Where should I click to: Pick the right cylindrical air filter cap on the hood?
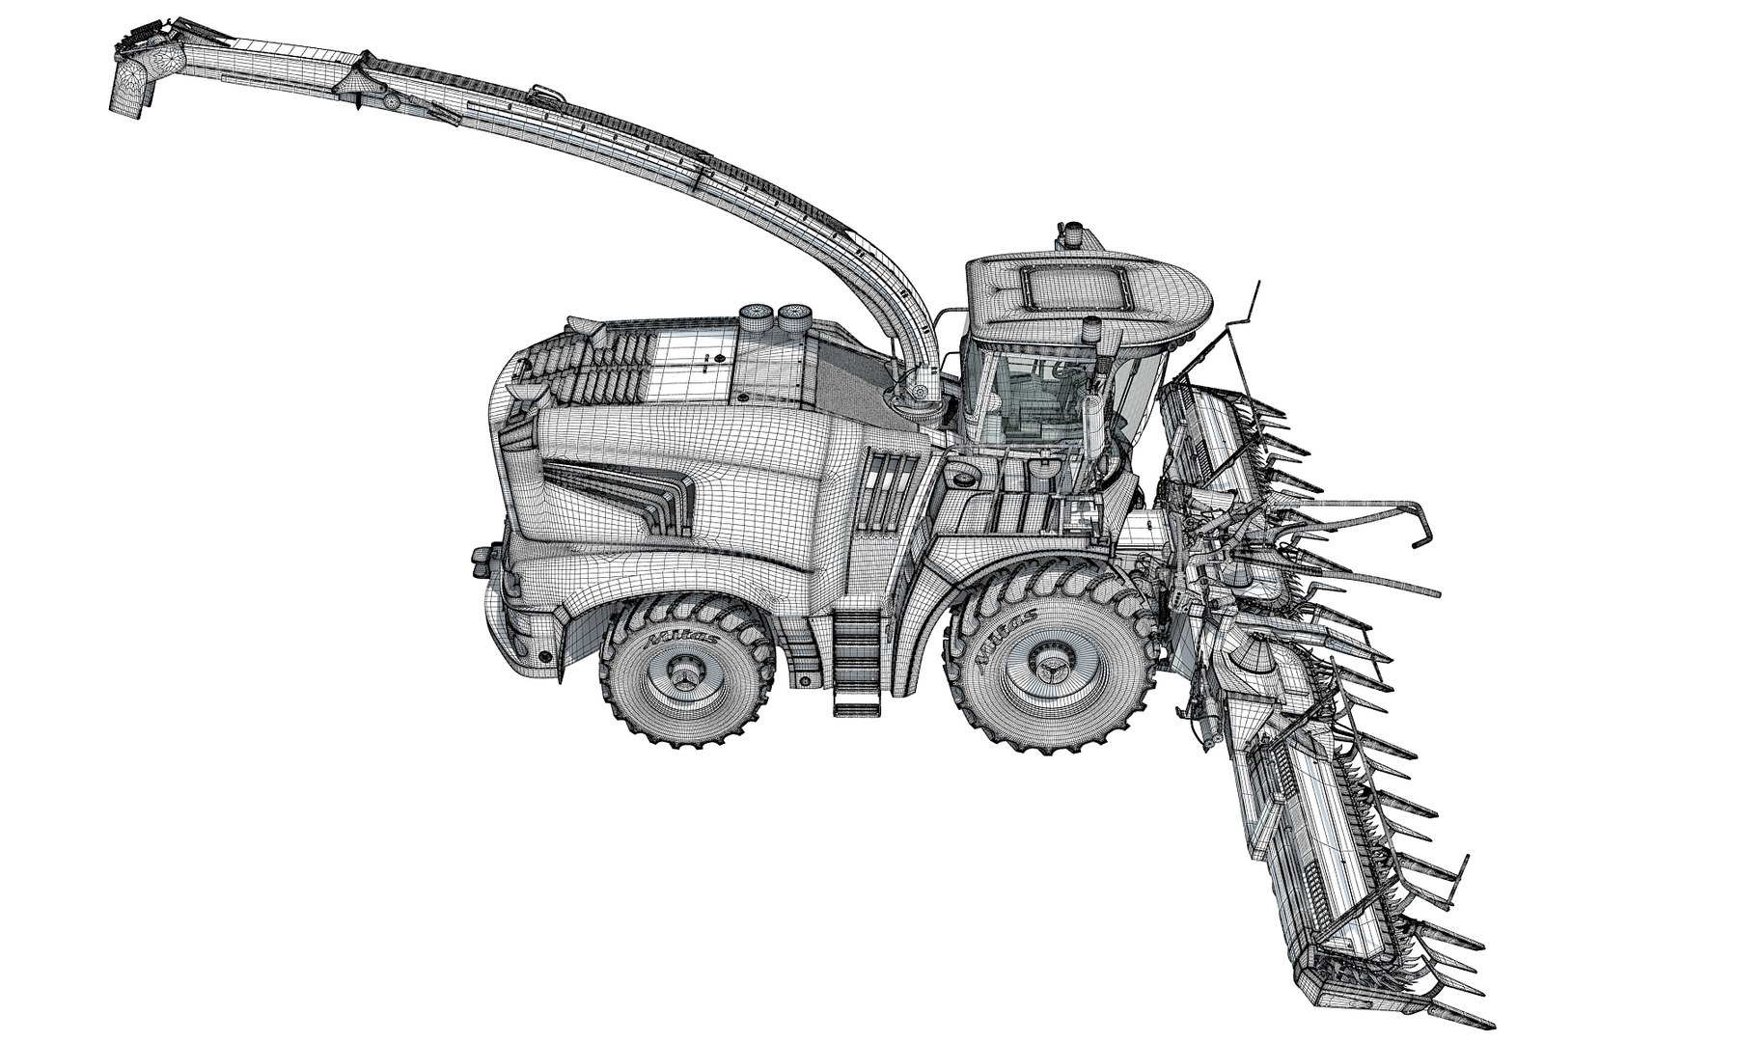(x=793, y=314)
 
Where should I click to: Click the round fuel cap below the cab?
(x=961, y=475)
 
